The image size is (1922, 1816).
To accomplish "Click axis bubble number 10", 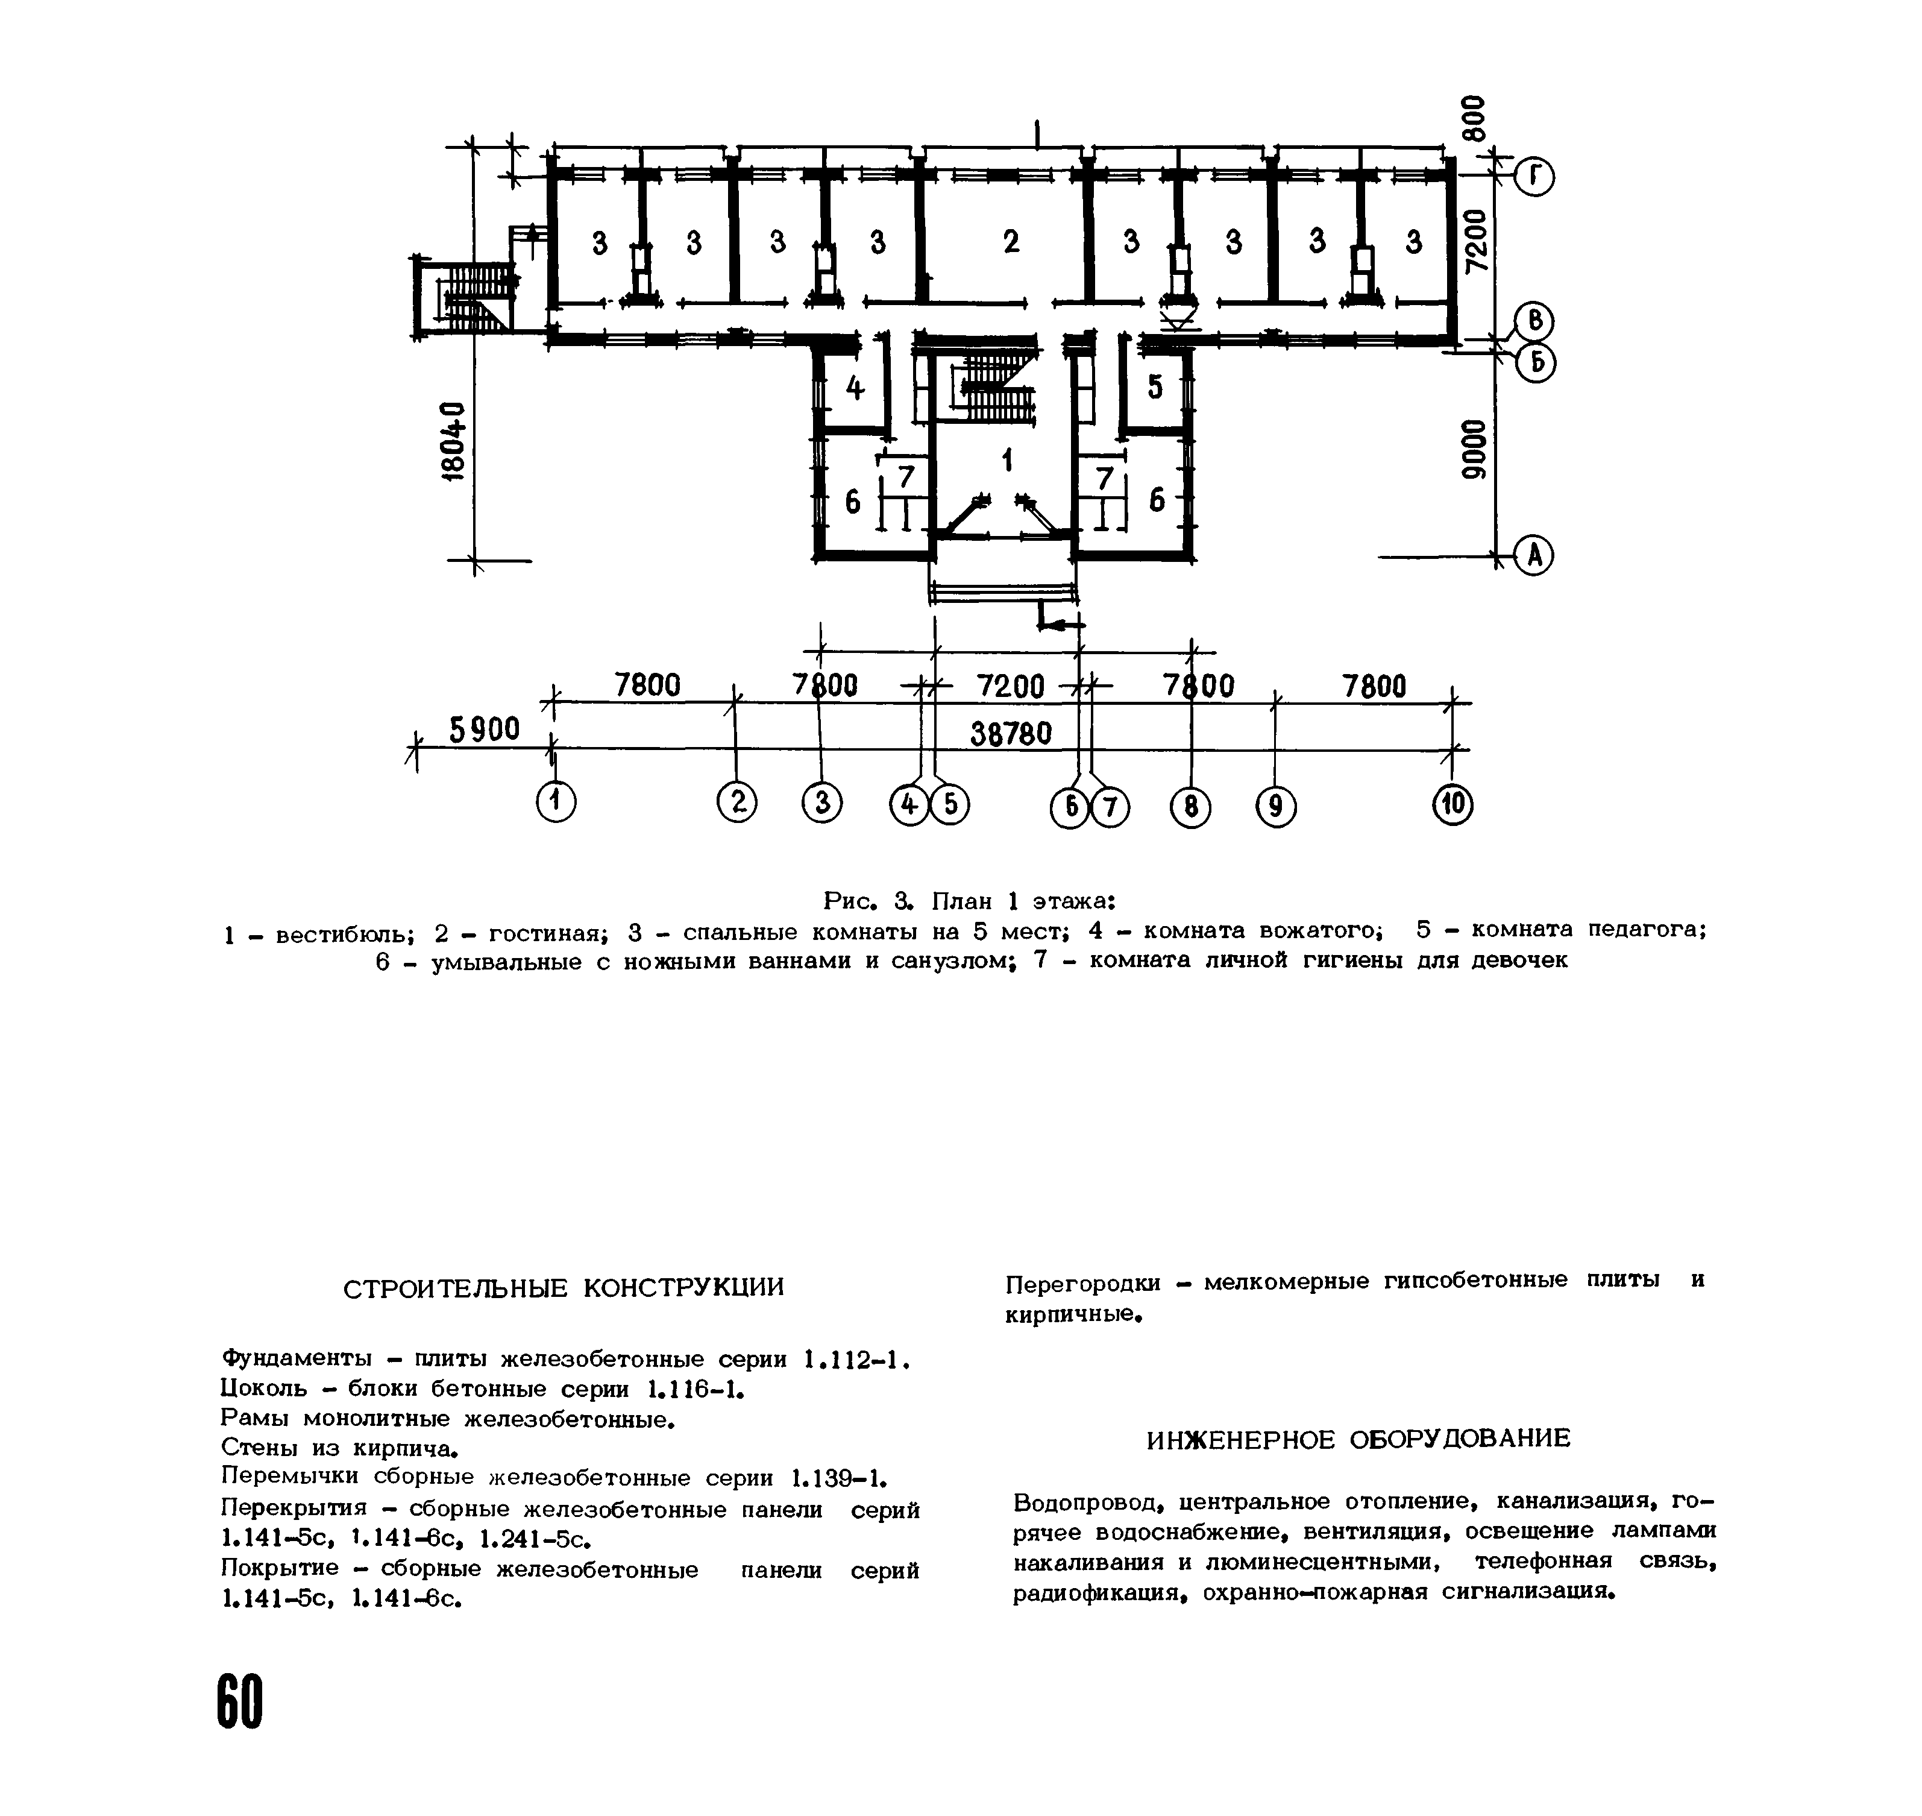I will point(1452,806).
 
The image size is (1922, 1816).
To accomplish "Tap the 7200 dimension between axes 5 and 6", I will point(1010,686).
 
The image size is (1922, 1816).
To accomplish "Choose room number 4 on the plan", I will point(855,388).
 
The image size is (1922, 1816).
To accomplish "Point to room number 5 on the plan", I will point(1155,387).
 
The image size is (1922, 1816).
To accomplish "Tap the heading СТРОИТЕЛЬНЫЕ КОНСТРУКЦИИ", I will point(564,1287).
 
